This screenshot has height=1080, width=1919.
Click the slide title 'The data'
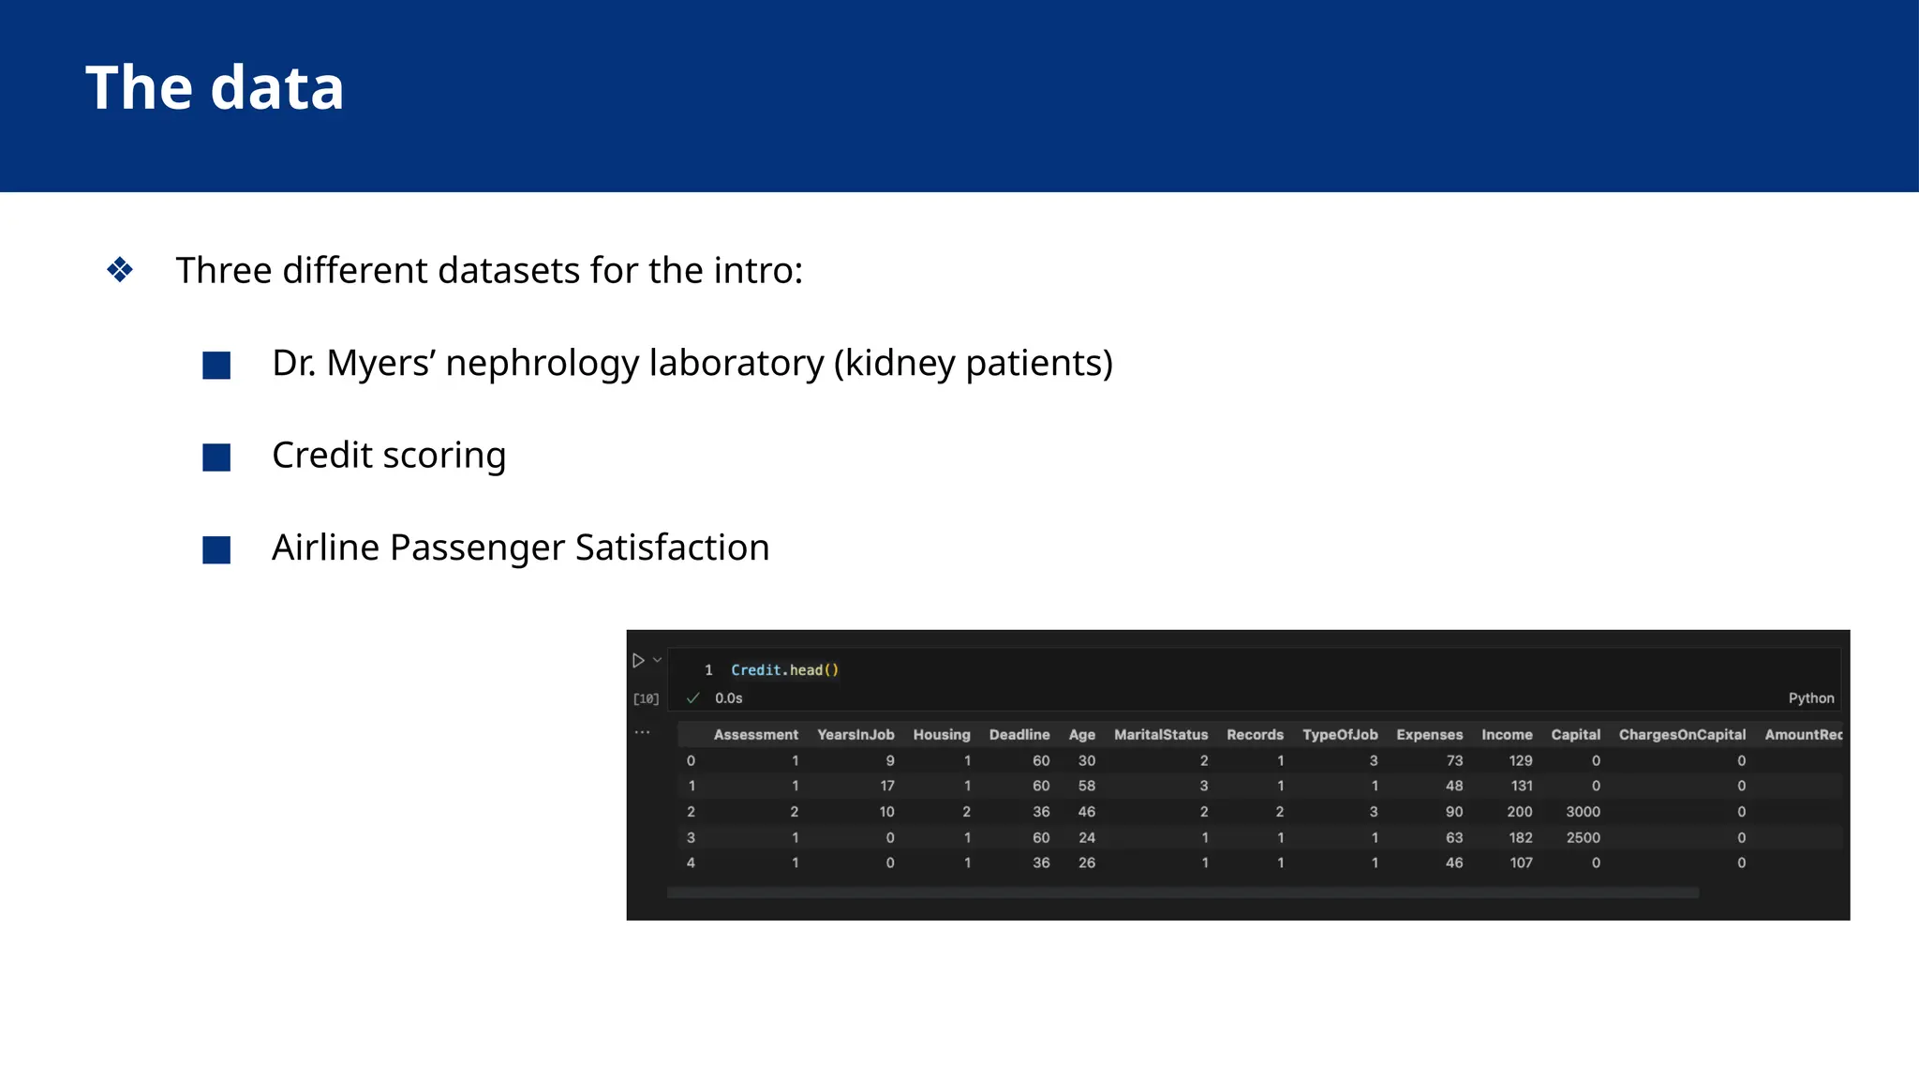point(215,88)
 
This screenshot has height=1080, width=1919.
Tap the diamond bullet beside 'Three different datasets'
point(120,270)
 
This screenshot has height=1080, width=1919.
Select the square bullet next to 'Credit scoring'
point(216,457)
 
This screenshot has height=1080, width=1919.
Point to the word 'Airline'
point(325,547)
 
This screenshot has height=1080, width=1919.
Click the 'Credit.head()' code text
point(784,669)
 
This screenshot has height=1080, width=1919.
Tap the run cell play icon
point(638,661)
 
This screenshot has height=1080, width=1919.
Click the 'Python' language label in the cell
point(1810,698)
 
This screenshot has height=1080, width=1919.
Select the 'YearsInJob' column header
point(855,735)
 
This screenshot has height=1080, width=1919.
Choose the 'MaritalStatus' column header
point(1161,735)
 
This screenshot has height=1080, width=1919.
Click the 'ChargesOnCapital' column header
point(1682,735)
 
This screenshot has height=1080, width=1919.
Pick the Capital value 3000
point(1583,812)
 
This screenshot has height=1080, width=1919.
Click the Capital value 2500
point(1583,837)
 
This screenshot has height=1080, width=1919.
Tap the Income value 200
point(1519,812)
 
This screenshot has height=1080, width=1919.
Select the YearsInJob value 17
point(886,786)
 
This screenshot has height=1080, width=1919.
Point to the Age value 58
point(1086,786)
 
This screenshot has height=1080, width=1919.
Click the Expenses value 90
point(1453,812)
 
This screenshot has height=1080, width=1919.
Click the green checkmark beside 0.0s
point(693,698)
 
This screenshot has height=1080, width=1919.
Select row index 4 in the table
point(691,862)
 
